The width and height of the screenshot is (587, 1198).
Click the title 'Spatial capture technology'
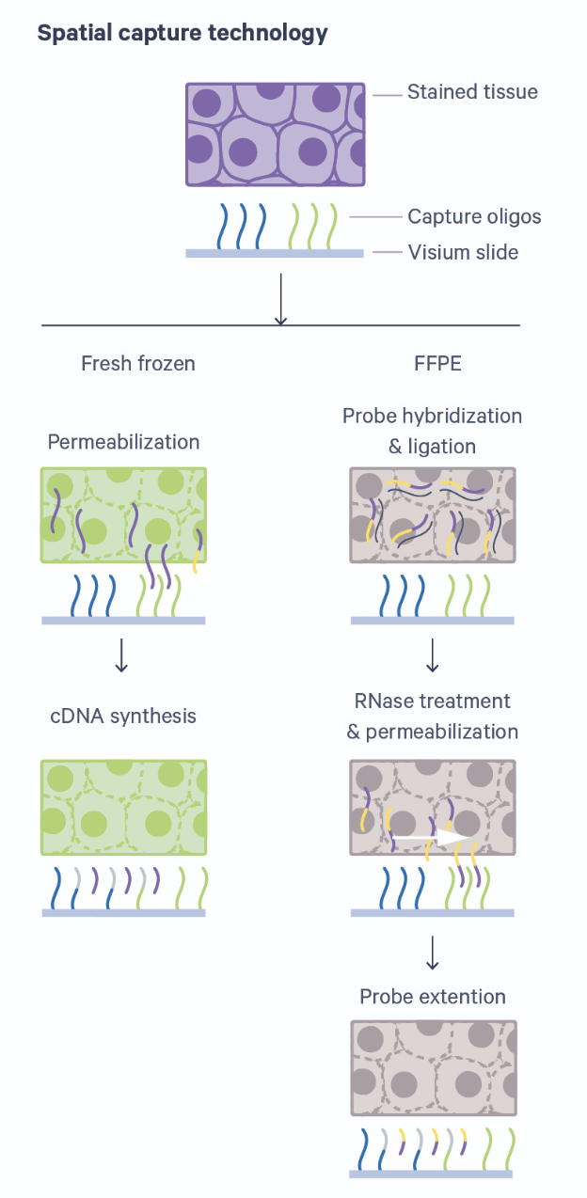click(x=182, y=34)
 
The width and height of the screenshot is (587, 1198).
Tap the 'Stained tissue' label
click(x=472, y=92)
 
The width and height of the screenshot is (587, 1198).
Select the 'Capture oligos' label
click(x=474, y=217)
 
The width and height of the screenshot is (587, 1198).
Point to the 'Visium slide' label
click(x=463, y=252)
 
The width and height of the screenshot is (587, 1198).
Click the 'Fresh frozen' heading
click(x=138, y=363)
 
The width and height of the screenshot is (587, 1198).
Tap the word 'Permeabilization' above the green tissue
click(x=123, y=442)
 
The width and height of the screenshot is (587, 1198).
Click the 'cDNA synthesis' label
click(x=123, y=716)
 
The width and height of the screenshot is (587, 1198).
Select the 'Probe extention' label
click(x=433, y=996)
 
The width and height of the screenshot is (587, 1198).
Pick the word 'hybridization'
click(x=464, y=416)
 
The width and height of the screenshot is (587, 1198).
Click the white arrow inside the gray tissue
click(x=432, y=834)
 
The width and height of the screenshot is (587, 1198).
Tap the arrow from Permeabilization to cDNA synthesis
click(x=120, y=655)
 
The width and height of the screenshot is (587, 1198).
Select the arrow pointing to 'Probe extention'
click(x=433, y=952)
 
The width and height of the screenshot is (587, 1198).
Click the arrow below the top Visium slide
click(x=279, y=299)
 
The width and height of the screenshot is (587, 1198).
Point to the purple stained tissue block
click(x=275, y=134)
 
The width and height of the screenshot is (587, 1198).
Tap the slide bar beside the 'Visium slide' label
click(x=275, y=253)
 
